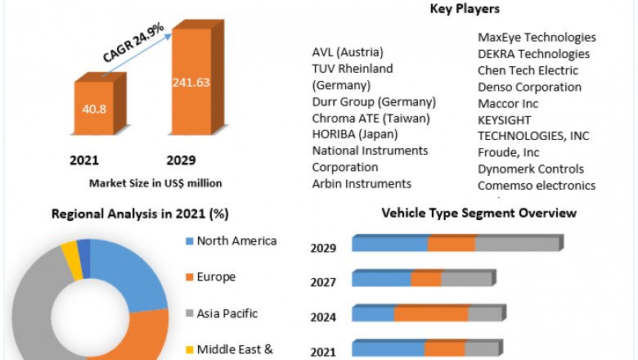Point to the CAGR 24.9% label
(133, 43)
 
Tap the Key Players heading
(465, 9)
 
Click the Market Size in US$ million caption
(155, 182)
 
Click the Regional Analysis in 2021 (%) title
(140, 214)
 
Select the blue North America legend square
(189, 241)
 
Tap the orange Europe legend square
(189, 277)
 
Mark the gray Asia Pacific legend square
(189, 313)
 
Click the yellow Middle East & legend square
(189, 349)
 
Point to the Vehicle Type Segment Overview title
(479, 214)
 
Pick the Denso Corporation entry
(529, 87)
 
